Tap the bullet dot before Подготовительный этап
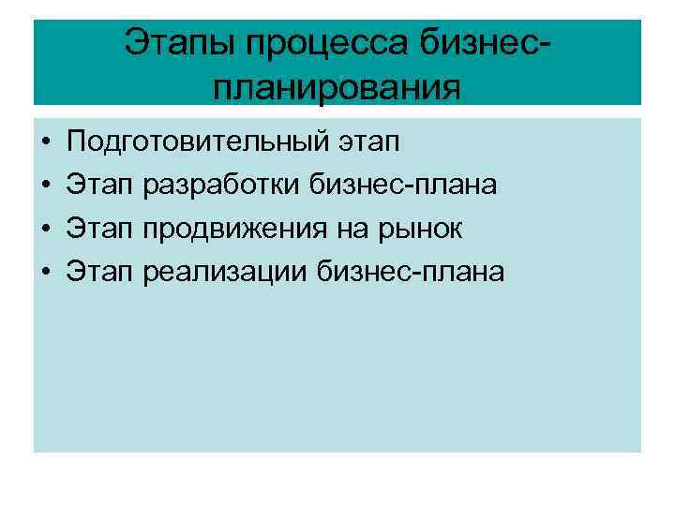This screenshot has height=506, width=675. tap(45, 144)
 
